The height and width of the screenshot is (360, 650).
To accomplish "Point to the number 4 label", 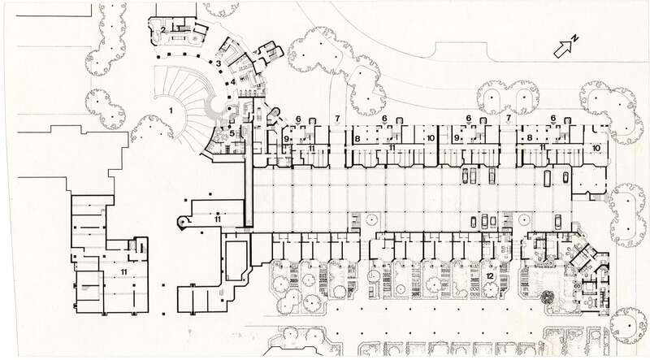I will click(x=232, y=81).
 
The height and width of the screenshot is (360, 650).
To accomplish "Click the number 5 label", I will click(x=232, y=132).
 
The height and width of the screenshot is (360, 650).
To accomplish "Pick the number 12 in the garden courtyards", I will click(x=489, y=276).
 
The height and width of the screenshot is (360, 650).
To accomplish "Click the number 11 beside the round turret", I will click(x=217, y=219).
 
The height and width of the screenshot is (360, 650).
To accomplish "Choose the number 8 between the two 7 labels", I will click(x=357, y=139).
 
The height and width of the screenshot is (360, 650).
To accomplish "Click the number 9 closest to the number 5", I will click(x=286, y=139).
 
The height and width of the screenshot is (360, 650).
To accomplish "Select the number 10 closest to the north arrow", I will click(x=596, y=148).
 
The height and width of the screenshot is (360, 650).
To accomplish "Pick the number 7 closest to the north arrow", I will click(x=508, y=119).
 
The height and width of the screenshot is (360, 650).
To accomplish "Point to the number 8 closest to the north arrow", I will click(x=530, y=139).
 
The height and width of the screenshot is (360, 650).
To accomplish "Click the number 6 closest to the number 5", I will click(x=298, y=119).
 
